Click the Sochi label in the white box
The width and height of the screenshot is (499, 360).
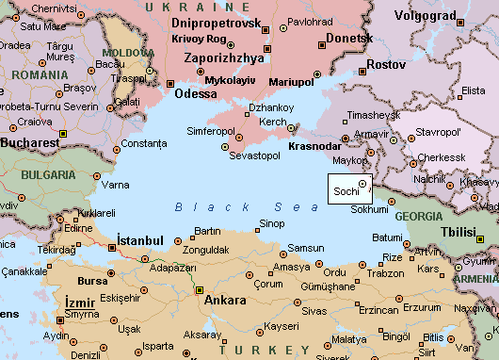click(345, 191)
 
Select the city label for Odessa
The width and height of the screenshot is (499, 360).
click(195, 94)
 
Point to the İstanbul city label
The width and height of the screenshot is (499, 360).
click(140, 240)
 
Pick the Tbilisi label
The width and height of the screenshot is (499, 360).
click(460, 231)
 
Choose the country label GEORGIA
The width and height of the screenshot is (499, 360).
click(418, 216)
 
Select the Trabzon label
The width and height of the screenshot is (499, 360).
click(384, 273)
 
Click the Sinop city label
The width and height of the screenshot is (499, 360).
click(271, 223)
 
